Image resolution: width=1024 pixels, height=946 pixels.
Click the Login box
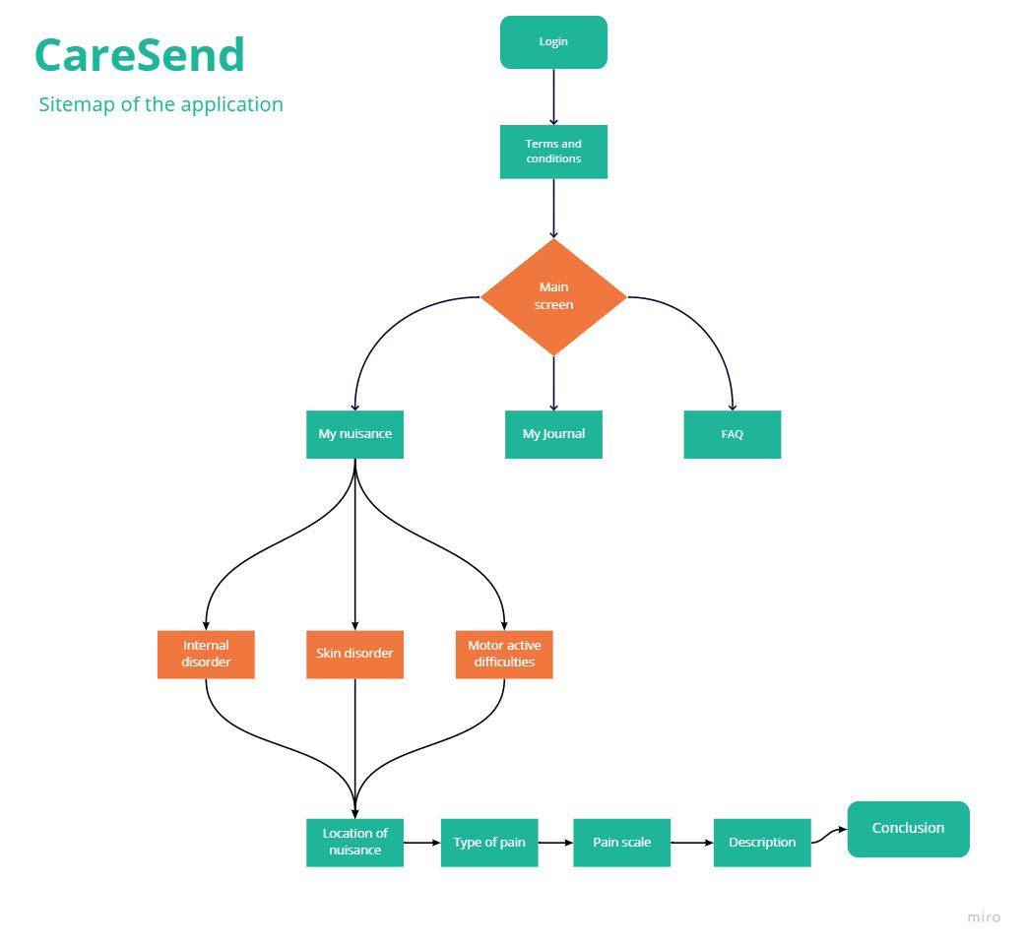click(553, 42)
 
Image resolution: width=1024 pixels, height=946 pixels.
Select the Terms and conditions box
click(553, 152)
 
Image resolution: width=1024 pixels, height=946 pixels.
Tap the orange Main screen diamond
click(553, 297)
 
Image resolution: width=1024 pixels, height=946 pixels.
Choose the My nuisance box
click(354, 434)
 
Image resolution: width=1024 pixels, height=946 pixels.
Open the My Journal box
click(553, 434)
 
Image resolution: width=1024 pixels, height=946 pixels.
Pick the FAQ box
click(733, 434)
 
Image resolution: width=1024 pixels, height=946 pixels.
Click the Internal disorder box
click(206, 655)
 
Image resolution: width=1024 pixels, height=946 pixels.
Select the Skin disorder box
click(354, 655)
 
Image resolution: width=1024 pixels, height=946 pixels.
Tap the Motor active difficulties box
click(504, 655)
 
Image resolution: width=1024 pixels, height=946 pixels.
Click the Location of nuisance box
click(354, 843)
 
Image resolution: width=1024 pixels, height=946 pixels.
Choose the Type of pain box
click(489, 843)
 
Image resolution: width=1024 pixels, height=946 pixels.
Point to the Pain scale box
click(621, 843)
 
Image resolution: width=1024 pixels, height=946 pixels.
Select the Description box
click(762, 843)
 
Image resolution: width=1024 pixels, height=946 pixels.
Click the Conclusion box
click(909, 829)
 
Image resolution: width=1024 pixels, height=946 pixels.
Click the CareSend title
click(140, 55)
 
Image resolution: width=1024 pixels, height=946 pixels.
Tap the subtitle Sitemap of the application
click(160, 104)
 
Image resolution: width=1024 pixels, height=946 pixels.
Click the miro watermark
click(984, 917)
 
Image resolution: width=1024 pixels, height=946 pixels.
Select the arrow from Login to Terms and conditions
click(553, 96)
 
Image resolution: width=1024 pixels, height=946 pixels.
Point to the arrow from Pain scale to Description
click(692, 843)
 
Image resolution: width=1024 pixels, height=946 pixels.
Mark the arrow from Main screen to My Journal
click(553, 383)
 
